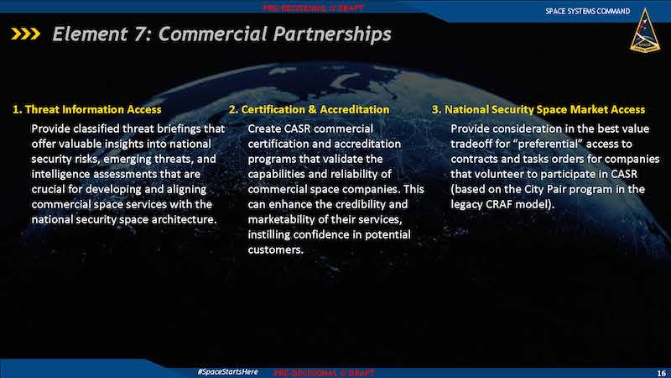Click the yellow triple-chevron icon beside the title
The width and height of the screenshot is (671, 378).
(x=26, y=34)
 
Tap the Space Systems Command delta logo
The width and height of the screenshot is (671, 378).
(x=644, y=31)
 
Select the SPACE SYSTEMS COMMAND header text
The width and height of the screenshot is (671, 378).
(x=588, y=11)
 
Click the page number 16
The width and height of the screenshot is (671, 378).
(x=661, y=373)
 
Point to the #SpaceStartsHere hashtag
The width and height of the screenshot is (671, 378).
(x=227, y=371)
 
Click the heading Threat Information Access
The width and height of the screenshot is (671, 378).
(x=87, y=110)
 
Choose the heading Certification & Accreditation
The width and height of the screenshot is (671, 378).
(x=309, y=110)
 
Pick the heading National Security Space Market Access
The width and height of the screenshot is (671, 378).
(x=538, y=110)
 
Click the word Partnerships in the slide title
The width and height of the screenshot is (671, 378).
(x=332, y=34)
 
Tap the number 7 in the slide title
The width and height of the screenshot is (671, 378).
(x=139, y=34)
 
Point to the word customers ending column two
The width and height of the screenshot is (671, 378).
(x=276, y=249)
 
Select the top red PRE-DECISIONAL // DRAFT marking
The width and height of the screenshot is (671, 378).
(x=313, y=8)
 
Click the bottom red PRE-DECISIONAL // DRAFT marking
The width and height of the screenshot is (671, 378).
(x=324, y=373)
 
